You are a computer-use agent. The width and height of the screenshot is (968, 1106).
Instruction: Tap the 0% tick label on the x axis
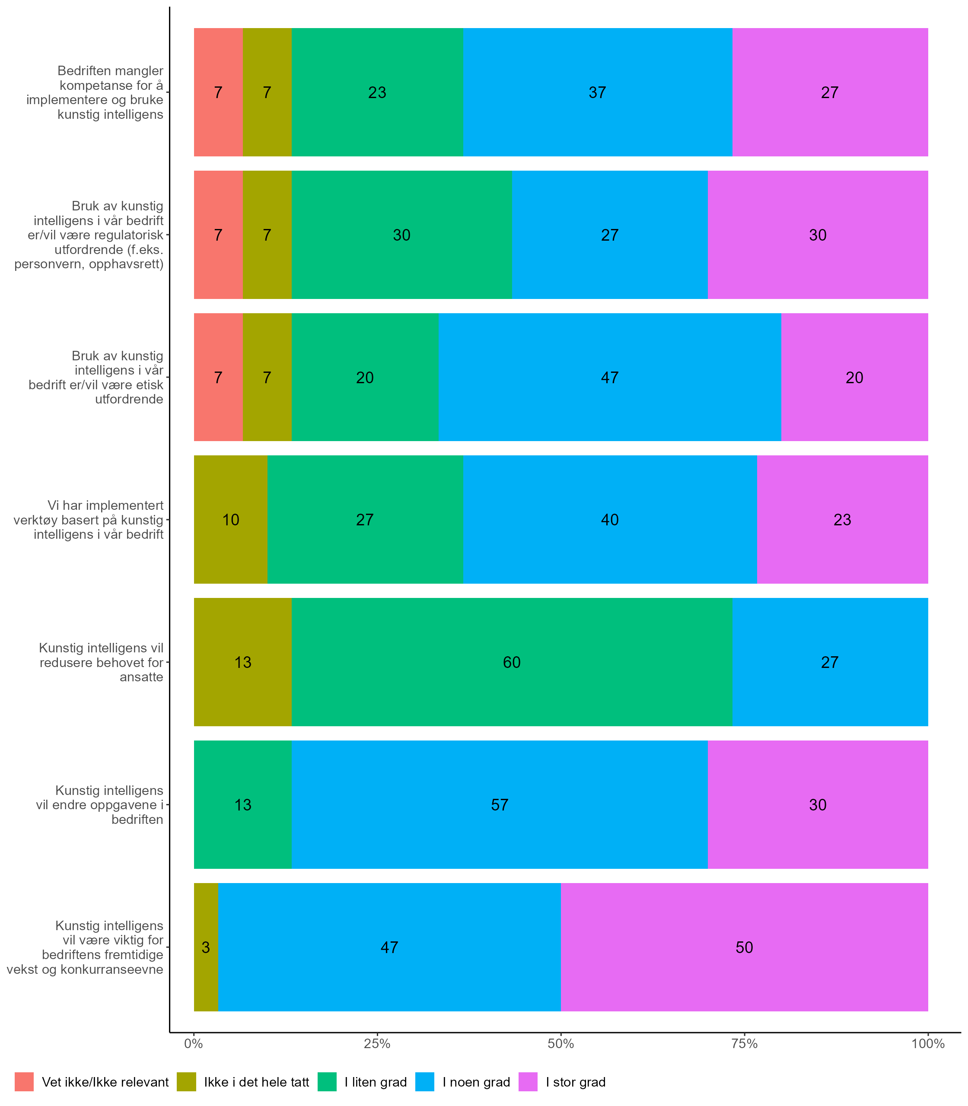click(194, 1044)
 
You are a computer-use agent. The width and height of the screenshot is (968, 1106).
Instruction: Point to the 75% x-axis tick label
click(744, 1044)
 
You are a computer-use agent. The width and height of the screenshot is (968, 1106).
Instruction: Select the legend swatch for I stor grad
click(528, 1082)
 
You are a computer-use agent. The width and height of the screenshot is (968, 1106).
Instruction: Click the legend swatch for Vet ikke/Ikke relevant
click(24, 1082)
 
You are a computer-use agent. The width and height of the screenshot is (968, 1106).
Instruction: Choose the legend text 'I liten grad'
click(376, 1082)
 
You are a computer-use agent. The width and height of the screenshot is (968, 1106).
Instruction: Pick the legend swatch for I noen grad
click(424, 1082)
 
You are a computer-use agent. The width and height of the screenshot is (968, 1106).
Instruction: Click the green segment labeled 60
click(512, 661)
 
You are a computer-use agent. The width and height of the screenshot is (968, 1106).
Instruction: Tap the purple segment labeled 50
click(744, 947)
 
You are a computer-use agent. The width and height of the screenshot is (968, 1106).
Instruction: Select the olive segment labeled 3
click(206, 947)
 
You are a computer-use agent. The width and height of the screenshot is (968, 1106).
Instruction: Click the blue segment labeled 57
click(499, 804)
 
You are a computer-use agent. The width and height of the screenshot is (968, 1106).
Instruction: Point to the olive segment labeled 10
click(231, 519)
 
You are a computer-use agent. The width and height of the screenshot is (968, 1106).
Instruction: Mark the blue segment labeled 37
click(597, 92)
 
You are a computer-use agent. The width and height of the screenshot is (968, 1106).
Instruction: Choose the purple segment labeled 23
click(842, 519)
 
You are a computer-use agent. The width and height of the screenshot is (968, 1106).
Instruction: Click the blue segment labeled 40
click(609, 519)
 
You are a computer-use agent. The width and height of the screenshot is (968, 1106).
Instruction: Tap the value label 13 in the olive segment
click(242, 662)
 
